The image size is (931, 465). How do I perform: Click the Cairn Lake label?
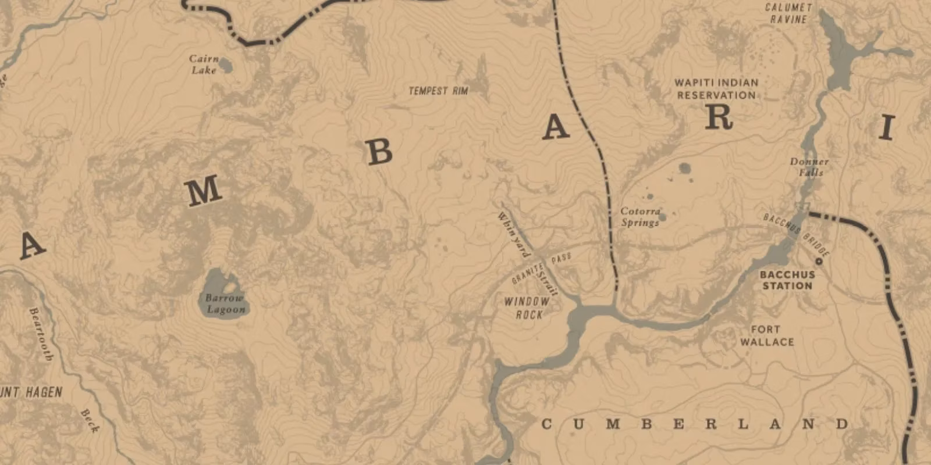click(x=204, y=65)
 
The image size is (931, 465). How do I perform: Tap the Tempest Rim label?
click(x=438, y=91)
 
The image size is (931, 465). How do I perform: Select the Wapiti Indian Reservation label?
click(x=716, y=89)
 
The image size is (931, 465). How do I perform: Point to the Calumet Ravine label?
click(x=788, y=13)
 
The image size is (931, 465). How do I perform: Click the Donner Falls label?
click(x=809, y=167)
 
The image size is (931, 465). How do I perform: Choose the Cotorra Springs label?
click(x=640, y=217)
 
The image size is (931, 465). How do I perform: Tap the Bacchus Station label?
click(x=787, y=280)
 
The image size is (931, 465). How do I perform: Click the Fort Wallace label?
click(x=766, y=336)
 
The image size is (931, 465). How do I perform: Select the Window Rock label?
click(x=527, y=308)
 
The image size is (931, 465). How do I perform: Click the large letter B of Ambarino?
click(x=379, y=152)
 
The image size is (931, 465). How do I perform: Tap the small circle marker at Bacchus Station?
click(x=819, y=262)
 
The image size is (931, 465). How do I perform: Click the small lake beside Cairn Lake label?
click(x=226, y=66)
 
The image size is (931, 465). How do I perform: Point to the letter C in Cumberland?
click(x=546, y=424)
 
